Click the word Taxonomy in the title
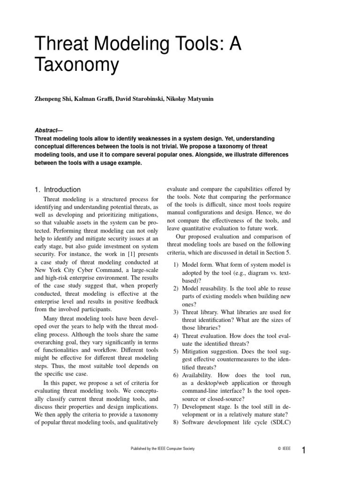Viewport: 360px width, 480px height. coord(77,65)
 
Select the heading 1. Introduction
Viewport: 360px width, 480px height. coord(58,190)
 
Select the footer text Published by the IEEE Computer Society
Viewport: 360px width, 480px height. coord(162,449)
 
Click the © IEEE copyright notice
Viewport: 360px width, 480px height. coord(284,449)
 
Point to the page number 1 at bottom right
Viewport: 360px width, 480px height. coord(304,451)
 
